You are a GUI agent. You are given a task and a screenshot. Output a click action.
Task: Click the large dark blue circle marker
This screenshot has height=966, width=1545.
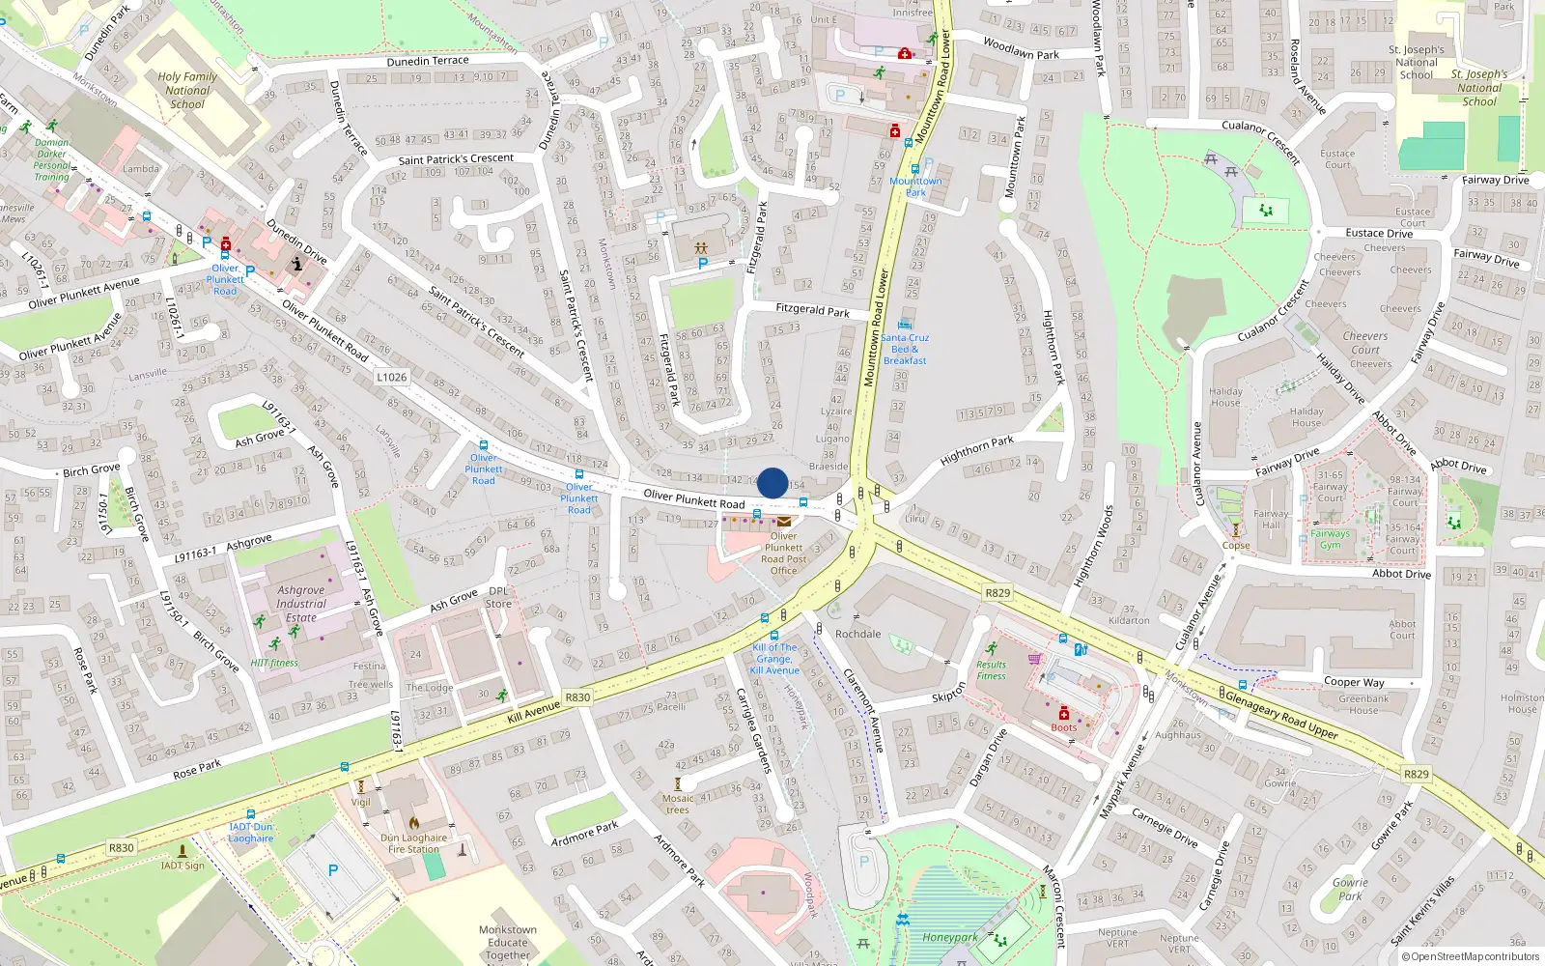[x=772, y=483]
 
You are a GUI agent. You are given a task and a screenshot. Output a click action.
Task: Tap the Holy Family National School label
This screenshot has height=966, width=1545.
[x=187, y=90]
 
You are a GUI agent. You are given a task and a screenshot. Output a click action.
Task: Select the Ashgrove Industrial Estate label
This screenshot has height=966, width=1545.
[x=301, y=604]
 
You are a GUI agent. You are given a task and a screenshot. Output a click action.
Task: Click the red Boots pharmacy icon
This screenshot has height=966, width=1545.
[x=1064, y=714]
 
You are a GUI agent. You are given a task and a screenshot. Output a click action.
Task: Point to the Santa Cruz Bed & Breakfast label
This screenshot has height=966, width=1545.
[x=905, y=349]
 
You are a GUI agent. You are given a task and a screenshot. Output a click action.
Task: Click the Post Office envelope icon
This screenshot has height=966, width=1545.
[x=784, y=522]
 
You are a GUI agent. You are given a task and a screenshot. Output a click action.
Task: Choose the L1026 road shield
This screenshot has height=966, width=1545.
[x=392, y=377]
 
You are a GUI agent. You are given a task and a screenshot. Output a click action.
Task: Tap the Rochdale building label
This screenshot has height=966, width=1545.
[x=858, y=634]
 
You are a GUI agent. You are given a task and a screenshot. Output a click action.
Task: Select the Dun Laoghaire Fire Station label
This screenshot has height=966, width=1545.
[x=413, y=843]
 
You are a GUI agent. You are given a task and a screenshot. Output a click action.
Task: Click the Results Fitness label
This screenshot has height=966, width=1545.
[x=991, y=670]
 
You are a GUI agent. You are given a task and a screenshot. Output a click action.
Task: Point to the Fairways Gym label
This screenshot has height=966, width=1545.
[x=1331, y=539]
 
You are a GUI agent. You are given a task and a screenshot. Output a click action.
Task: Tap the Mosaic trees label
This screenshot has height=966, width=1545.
[x=678, y=804]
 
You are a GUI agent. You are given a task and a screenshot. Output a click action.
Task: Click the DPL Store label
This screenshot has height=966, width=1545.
[x=499, y=597]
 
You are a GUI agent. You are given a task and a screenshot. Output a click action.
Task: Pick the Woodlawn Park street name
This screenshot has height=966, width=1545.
[x=1021, y=48]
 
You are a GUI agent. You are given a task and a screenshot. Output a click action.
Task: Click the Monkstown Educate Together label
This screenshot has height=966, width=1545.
[x=508, y=943]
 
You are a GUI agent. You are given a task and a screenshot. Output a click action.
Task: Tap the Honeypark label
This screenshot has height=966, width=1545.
[x=950, y=937]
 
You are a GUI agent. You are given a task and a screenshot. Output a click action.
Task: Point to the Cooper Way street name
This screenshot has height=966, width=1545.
[x=1354, y=682]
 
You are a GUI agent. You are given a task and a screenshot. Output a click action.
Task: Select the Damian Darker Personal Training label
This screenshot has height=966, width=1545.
[x=51, y=159]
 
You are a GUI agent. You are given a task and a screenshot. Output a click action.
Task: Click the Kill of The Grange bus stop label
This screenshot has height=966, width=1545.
[x=775, y=659]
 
